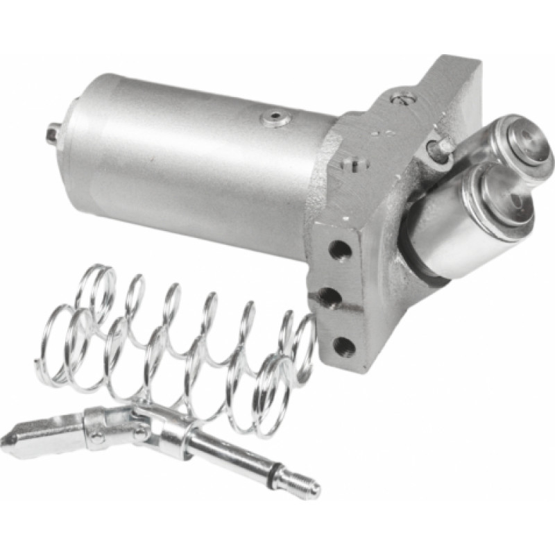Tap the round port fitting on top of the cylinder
[x=275, y=118]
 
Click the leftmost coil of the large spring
[x=55, y=340]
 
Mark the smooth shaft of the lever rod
[x=222, y=451]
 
